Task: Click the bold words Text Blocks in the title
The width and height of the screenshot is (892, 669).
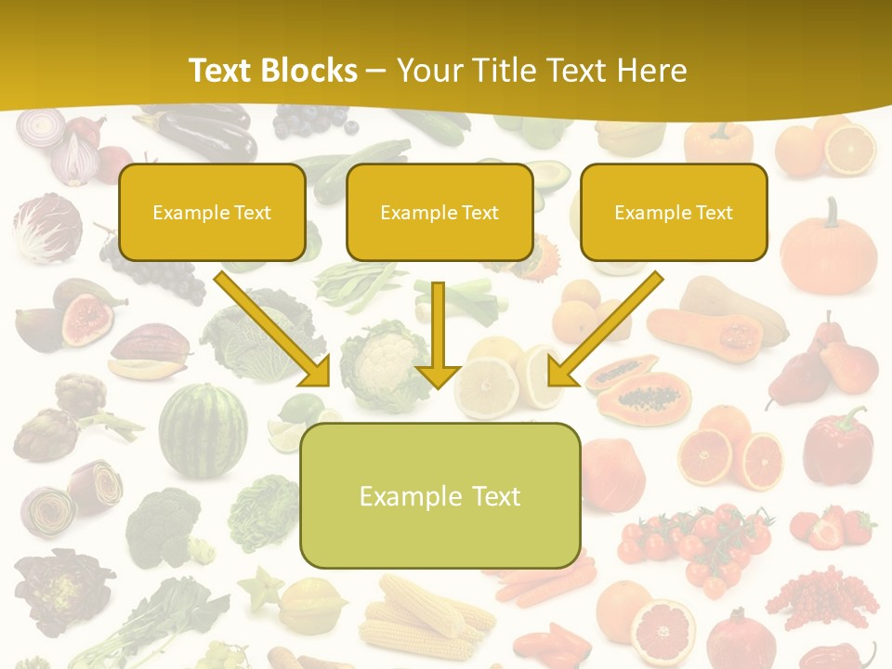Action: coord(272,71)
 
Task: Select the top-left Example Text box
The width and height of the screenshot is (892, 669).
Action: coord(212,213)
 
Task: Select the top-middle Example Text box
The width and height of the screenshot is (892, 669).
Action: coord(439,213)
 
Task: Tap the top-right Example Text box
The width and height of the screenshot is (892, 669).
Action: coord(674,213)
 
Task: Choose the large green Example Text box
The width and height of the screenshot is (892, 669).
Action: coord(439,496)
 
